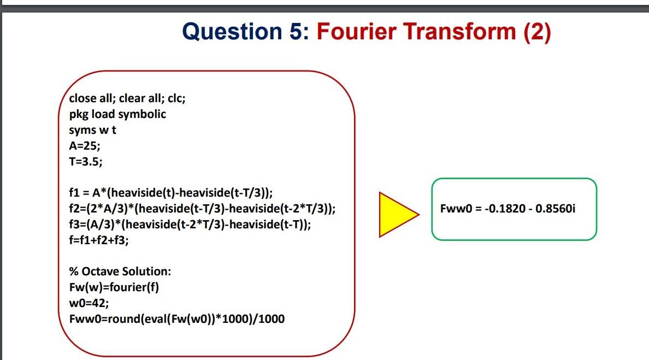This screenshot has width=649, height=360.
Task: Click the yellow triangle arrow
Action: (x=396, y=214)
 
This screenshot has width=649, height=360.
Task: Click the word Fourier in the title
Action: (x=357, y=32)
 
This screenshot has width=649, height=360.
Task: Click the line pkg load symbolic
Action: (x=117, y=114)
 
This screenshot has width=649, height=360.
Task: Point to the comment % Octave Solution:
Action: (x=120, y=272)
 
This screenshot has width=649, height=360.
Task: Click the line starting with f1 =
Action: (x=170, y=193)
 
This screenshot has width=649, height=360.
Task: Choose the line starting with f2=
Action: (x=202, y=209)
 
